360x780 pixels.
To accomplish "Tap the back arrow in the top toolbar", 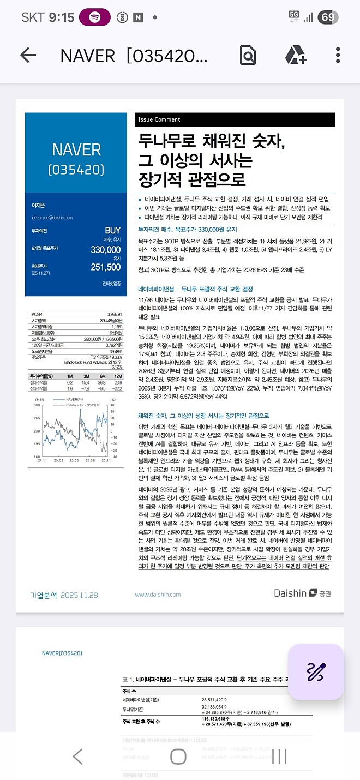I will point(28,55).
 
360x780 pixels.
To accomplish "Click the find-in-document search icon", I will point(248,55).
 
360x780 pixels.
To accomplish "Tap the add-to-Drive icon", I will point(295,55).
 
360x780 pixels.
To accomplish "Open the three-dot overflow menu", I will point(338,55).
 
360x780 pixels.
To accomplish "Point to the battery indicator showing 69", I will point(328,17).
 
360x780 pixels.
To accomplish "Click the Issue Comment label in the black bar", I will point(159,120).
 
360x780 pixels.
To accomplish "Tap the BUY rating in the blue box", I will point(112,231).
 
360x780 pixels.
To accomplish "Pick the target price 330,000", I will point(105,249).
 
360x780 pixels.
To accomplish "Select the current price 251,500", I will point(105,267).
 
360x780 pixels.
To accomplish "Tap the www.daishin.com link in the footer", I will point(158,595).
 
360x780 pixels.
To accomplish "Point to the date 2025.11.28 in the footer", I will point(80,595).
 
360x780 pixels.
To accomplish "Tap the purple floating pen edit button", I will point(316,671).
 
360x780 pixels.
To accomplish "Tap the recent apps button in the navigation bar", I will point(279,756).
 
